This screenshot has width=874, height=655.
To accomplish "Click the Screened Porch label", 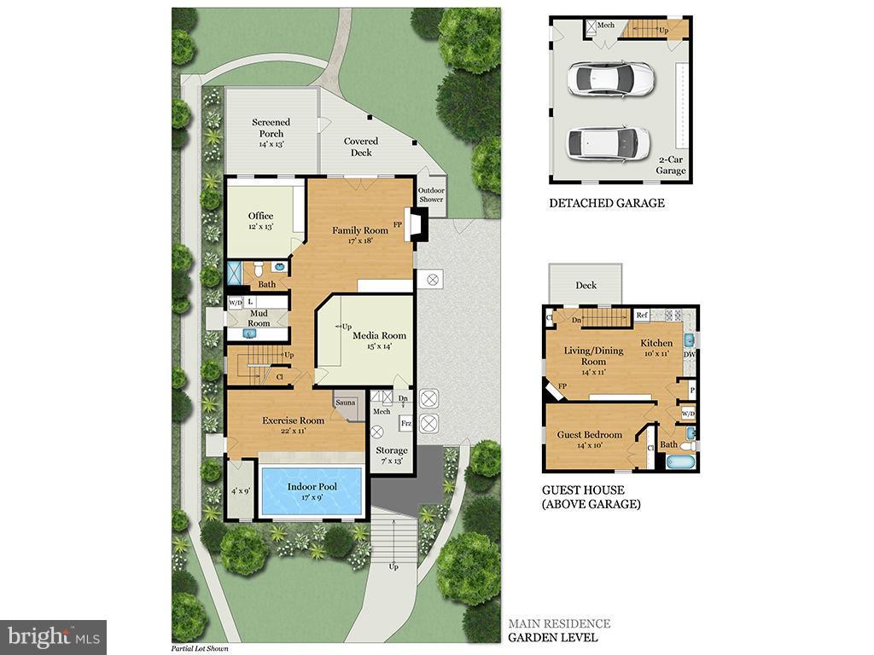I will pos(271,128).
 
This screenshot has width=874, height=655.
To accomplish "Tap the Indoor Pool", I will pos(312,491).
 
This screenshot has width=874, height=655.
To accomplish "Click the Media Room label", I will pos(379,335).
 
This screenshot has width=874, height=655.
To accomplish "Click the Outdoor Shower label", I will pos(431,194).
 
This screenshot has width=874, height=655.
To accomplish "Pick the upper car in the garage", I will pos(609,79).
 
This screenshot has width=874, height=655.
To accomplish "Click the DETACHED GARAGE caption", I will pos(606,203).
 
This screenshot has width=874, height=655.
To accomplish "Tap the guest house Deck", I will pos(586,285).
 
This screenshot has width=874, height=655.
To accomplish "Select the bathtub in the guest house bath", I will pos(680,462).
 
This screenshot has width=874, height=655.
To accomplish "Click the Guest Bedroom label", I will pos(589,435).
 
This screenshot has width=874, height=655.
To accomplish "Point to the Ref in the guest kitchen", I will pos(643,316).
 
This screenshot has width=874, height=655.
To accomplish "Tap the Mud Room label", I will pos(259,318).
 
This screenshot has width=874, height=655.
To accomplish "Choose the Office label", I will pos(260,216).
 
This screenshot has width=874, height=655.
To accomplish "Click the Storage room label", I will pos(392,450).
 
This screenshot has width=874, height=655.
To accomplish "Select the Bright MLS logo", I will pos(53,636).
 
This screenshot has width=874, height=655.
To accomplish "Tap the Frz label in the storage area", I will pos(406,423).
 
